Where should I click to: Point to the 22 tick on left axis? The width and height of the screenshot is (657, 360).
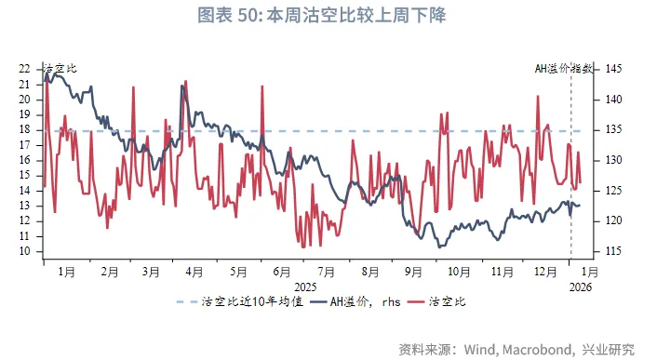coord(25,69)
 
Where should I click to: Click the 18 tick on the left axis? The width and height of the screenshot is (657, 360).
coord(25,130)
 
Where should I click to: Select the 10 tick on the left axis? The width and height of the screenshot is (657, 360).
coord(25,251)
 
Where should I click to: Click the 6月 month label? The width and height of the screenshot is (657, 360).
coord(282,272)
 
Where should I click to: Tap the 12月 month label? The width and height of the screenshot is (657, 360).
coord(545,272)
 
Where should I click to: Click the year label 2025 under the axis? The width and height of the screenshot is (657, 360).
coord(304,287)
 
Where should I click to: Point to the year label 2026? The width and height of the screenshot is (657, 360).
coord(583,287)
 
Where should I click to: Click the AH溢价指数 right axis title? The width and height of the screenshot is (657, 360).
coord(565,68)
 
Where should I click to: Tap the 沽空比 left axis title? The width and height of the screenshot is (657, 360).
coord(61,68)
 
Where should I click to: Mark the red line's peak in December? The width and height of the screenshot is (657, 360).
coord(538,97)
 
